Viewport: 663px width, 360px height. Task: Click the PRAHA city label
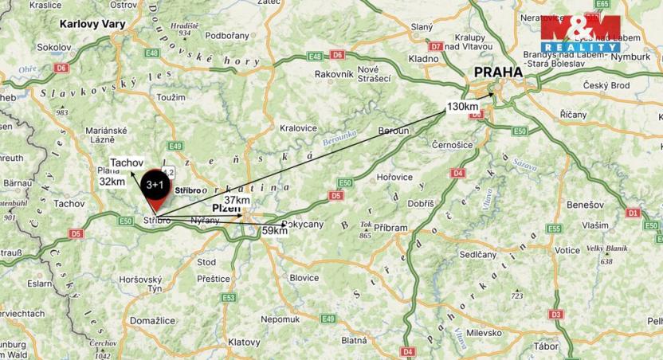pyautogui.click(x=498, y=72)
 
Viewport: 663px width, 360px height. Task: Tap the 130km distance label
pyautogui.click(x=462, y=107)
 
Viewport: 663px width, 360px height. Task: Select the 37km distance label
pyautogui.click(x=237, y=200)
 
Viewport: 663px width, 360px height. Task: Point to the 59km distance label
pyautogui.click(x=275, y=231)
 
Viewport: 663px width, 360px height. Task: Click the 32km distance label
pyautogui.click(x=112, y=181)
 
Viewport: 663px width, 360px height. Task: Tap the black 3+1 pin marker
pyautogui.click(x=155, y=186)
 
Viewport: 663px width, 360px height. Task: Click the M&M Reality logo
pyautogui.click(x=580, y=33)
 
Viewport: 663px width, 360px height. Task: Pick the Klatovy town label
pyautogui.click(x=244, y=342)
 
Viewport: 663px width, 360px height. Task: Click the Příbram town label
pyautogui.click(x=390, y=228)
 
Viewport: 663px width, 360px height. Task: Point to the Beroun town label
pyautogui.click(x=393, y=130)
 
